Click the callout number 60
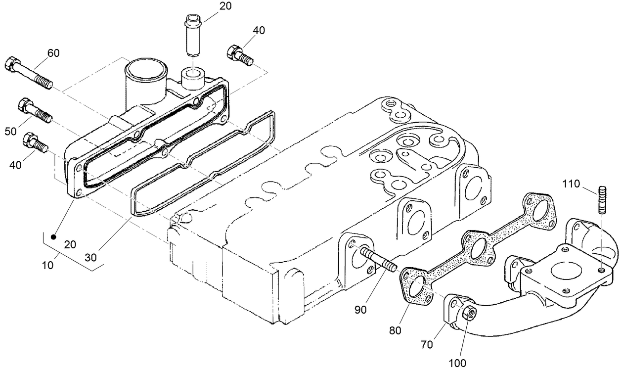(53, 53)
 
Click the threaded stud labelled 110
(602, 199)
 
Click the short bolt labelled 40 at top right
(239, 55)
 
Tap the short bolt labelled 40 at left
(35, 143)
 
